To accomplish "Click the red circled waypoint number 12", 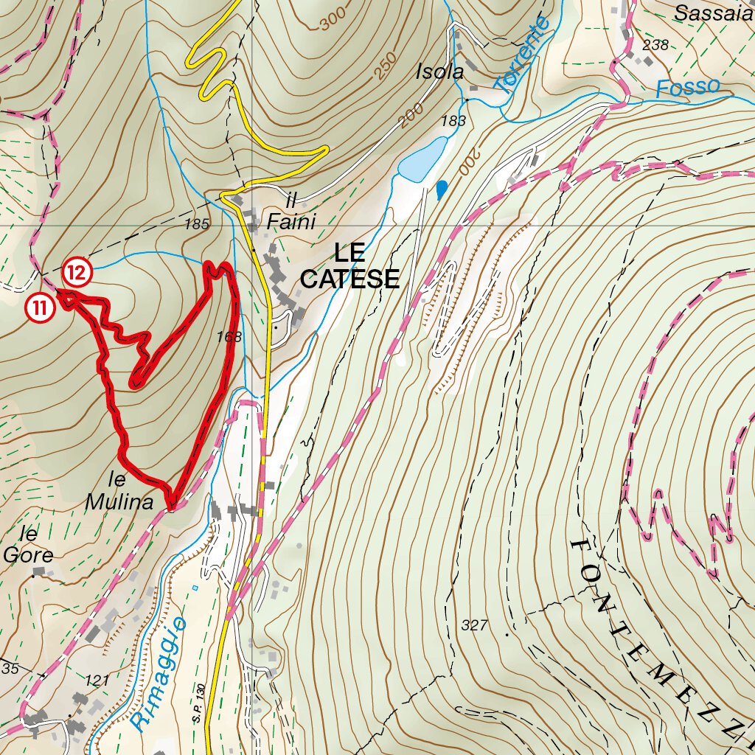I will click(77, 273).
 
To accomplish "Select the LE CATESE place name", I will click(350, 266).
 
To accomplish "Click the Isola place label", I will click(439, 72).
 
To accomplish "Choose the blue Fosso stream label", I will click(687, 87).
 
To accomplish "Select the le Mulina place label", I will click(119, 493).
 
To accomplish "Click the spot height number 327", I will click(475, 625).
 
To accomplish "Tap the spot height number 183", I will click(454, 121).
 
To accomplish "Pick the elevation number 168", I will click(229, 337).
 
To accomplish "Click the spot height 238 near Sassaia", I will click(655, 45).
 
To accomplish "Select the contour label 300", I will click(333, 22).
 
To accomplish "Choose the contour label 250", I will click(386, 66).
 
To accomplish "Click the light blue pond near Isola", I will click(422, 159).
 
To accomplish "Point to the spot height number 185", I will click(197, 223).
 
